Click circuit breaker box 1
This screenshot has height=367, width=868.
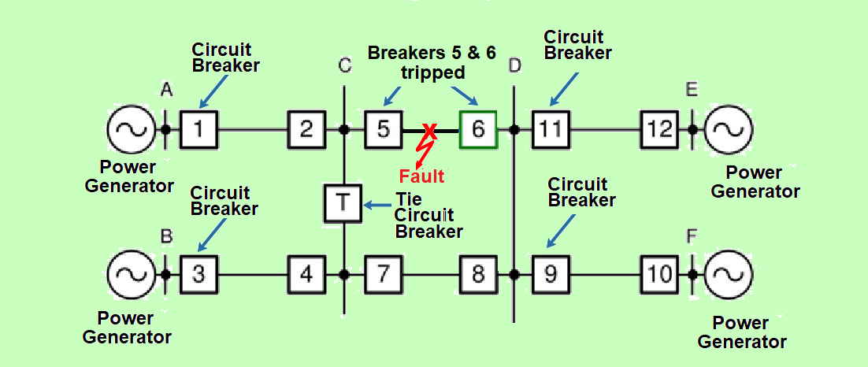pyautogui.click(x=199, y=129)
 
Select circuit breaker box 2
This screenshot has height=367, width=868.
pyautogui.click(x=306, y=129)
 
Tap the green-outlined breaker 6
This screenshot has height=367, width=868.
pyautogui.click(x=478, y=129)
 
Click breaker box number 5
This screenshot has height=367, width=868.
pyautogui.click(x=383, y=129)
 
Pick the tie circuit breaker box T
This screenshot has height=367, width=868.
pyautogui.click(x=343, y=202)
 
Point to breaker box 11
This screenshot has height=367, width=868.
pyautogui.click(x=551, y=129)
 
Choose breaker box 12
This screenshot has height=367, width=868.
pyautogui.click(x=659, y=129)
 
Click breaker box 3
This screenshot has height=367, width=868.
pyautogui.click(x=199, y=274)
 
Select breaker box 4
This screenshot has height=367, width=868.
pyautogui.click(x=306, y=274)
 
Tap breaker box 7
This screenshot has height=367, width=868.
pyautogui.click(x=383, y=274)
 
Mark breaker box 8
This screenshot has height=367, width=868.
pyautogui.click(x=478, y=274)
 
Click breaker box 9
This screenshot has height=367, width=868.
pyautogui.click(x=551, y=274)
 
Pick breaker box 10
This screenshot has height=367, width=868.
pyautogui.click(x=659, y=274)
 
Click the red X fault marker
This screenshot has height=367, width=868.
pyautogui.click(x=429, y=130)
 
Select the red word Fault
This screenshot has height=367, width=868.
pyautogui.click(x=421, y=176)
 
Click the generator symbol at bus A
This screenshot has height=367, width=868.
pyautogui.click(x=131, y=129)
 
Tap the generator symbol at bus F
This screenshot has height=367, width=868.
pyautogui.click(x=728, y=274)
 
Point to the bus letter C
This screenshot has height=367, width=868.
pyautogui.click(x=344, y=65)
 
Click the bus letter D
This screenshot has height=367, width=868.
pyautogui.click(x=514, y=65)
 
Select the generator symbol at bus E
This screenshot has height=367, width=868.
pyautogui.click(x=728, y=129)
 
